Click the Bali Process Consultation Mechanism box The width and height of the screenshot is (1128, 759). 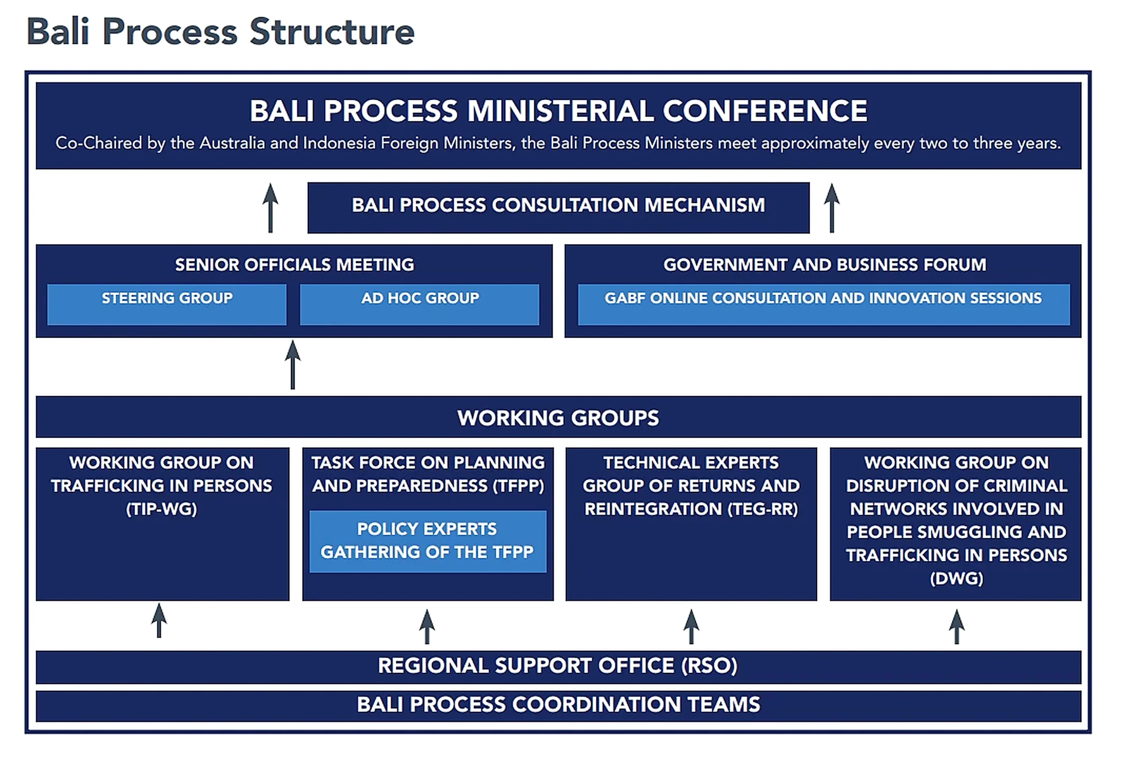[x=558, y=207]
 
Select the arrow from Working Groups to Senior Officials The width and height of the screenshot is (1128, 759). [x=293, y=364]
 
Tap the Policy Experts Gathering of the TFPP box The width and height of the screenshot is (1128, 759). [x=427, y=541]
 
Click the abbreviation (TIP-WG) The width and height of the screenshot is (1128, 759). [x=162, y=509]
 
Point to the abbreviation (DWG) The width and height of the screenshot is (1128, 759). [x=956, y=578]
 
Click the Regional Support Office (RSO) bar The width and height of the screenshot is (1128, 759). [x=558, y=666]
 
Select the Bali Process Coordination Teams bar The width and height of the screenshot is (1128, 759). [x=558, y=705]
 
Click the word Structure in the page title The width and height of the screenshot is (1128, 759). [x=332, y=32]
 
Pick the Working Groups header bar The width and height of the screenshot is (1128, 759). [x=558, y=417]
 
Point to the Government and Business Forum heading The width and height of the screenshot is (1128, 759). [x=824, y=265]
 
